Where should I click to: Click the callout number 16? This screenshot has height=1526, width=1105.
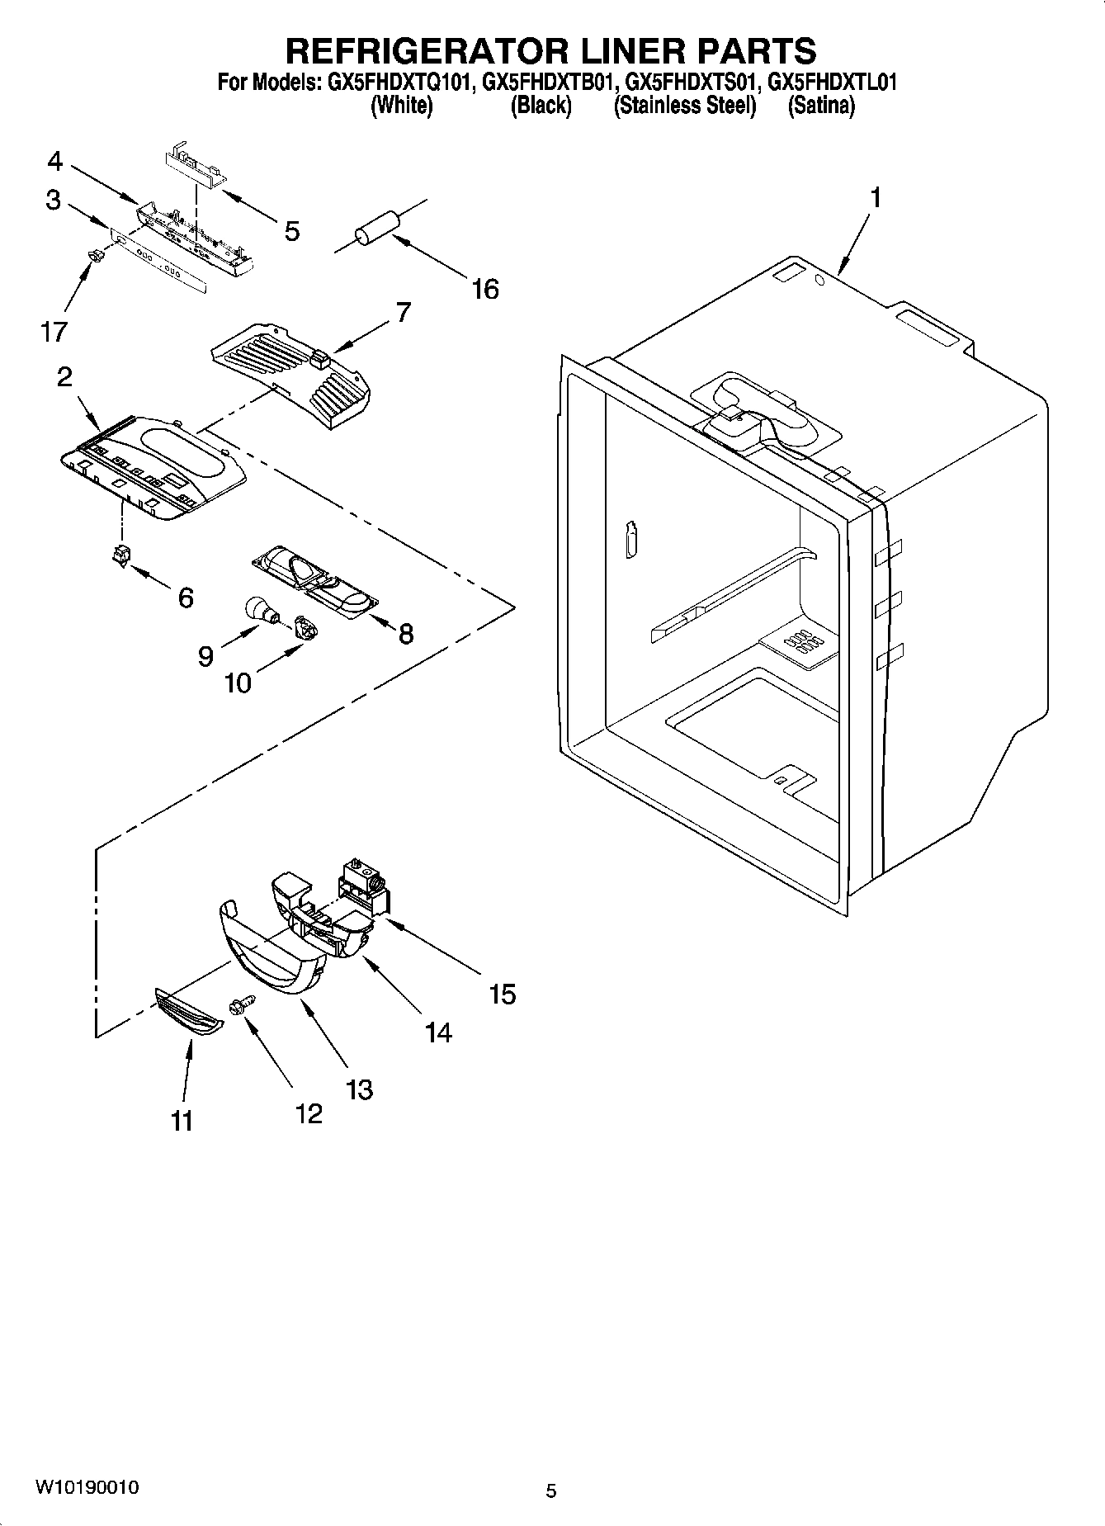point(485,289)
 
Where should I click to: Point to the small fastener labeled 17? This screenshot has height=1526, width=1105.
point(96,257)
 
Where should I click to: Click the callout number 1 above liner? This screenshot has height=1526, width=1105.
point(875,198)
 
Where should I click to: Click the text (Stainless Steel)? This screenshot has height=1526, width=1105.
point(684,106)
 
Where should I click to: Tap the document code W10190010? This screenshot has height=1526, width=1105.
point(86,1487)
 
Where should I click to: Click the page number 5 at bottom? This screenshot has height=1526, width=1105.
point(551,1491)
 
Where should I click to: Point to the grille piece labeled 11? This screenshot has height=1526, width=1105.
point(189,1014)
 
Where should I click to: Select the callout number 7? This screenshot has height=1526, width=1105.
point(403,312)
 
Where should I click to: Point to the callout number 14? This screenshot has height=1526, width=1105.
point(438,1032)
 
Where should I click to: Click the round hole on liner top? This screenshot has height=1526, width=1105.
point(819,281)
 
